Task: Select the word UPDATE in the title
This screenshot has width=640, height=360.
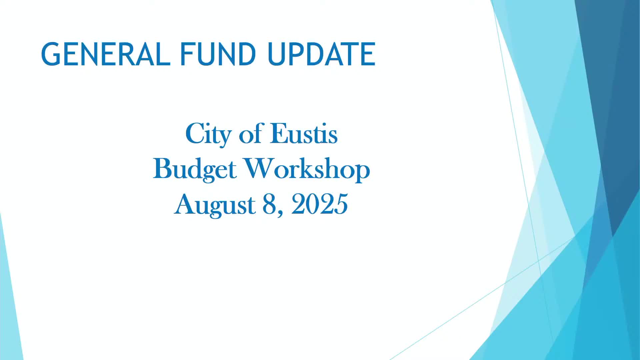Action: coord(321,54)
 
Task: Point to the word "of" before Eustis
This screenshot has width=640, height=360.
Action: coord(250,134)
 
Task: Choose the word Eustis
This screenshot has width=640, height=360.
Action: coord(304,134)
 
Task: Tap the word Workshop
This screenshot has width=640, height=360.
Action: coord(307,169)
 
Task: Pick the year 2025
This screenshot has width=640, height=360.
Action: coord(320,204)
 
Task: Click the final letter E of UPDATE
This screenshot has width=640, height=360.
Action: coord(368,54)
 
